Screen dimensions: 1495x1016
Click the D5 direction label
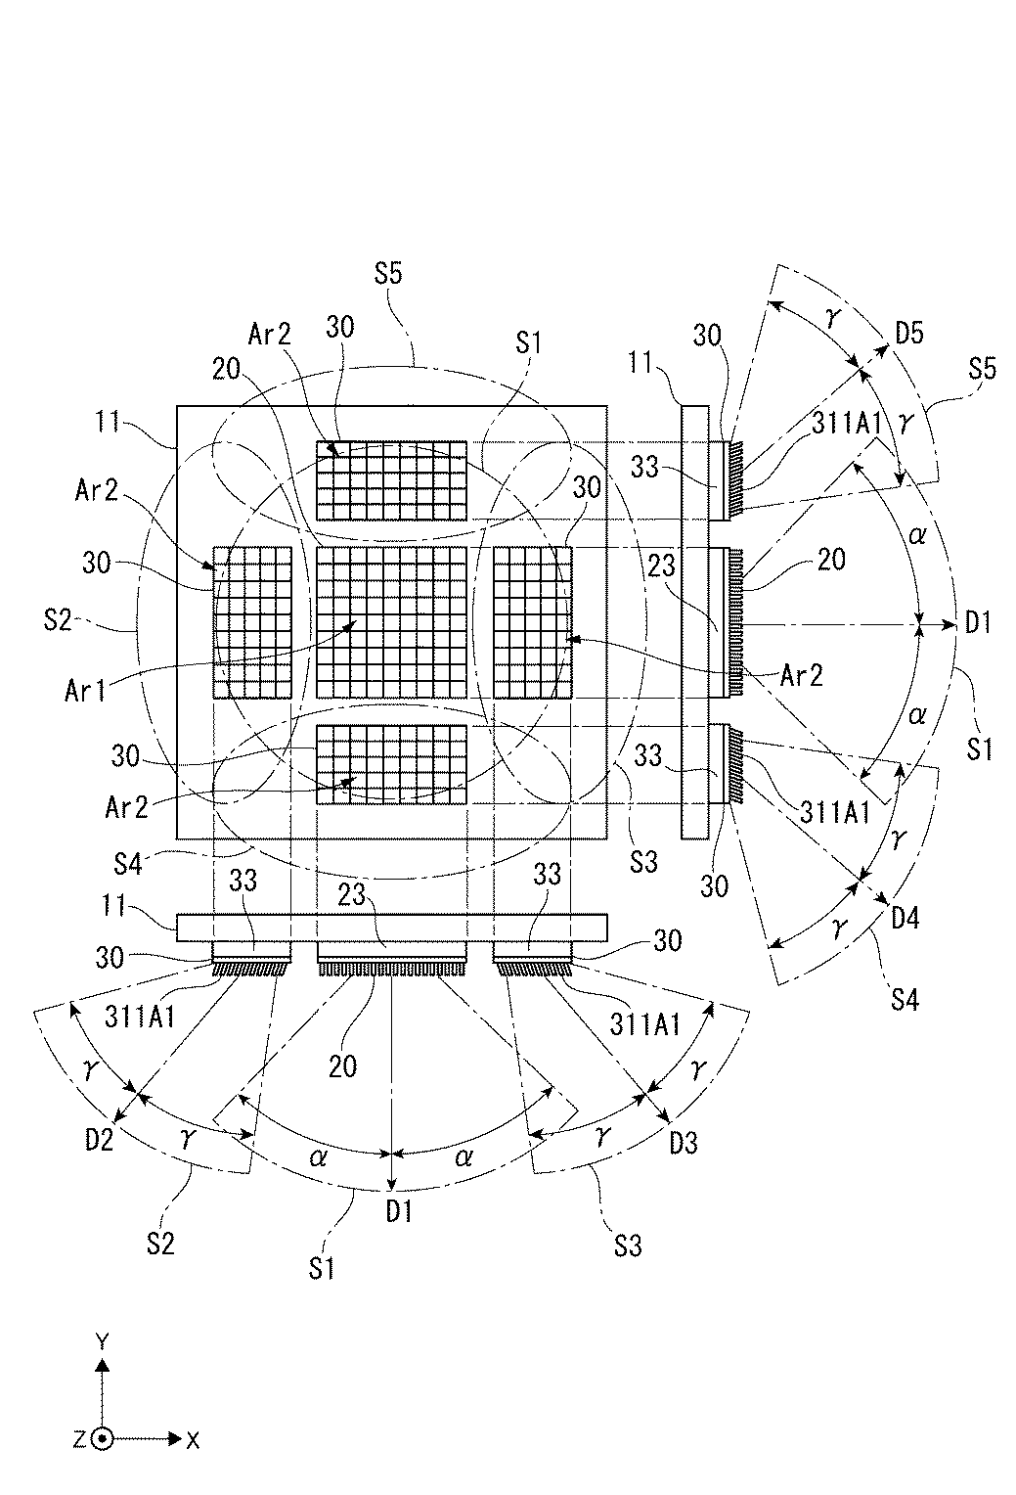(x=910, y=335)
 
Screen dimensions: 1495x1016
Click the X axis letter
(x=193, y=1439)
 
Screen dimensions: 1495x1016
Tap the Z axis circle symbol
(x=103, y=1438)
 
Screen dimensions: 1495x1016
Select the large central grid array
(x=392, y=621)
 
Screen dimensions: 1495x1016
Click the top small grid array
(x=392, y=480)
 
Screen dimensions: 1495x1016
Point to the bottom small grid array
(x=392, y=764)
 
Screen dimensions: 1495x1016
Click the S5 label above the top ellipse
(x=388, y=273)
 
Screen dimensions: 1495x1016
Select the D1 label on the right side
(x=978, y=622)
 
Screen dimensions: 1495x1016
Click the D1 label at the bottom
(x=398, y=1211)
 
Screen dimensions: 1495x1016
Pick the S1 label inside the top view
(x=529, y=343)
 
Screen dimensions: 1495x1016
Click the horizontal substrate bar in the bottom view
(x=392, y=928)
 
